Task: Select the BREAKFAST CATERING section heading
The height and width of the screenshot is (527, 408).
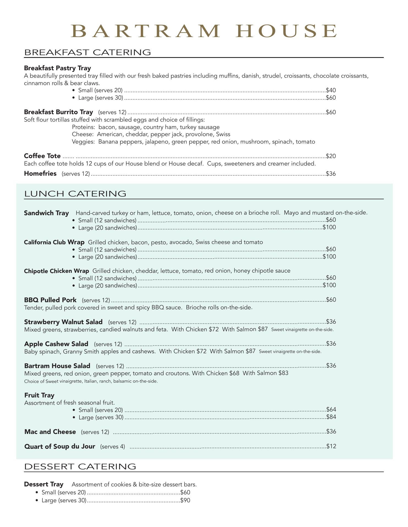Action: [x=87, y=52]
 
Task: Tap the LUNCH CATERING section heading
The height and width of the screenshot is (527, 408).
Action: [x=75, y=194]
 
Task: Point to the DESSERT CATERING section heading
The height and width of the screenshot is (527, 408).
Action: [x=80, y=466]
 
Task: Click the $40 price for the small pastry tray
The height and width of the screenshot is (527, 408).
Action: [x=331, y=90]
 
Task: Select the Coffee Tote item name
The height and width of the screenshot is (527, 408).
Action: [x=42, y=156]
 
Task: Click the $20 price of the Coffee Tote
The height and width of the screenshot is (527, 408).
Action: [x=331, y=156]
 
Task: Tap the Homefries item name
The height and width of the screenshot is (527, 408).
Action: [x=40, y=173]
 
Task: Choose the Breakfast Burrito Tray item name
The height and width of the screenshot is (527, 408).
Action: [x=59, y=112]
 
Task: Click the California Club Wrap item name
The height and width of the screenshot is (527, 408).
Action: [x=54, y=242]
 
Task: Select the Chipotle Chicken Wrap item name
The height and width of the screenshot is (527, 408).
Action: [x=56, y=271]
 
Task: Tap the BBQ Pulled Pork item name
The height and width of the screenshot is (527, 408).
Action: [x=50, y=300]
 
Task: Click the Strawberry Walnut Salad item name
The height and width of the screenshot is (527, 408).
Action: [x=63, y=322]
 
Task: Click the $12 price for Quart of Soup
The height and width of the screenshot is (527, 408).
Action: [x=331, y=446]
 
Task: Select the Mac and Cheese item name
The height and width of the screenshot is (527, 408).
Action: [x=50, y=432]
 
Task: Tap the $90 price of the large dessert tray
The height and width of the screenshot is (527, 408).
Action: [x=185, y=500]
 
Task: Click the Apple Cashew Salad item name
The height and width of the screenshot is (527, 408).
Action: [x=56, y=344]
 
